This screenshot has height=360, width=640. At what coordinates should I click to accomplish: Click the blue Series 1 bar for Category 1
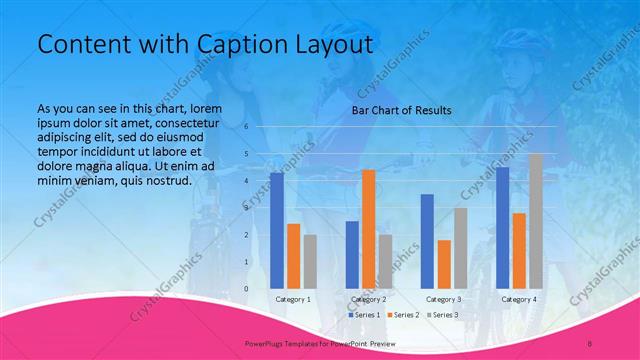click(277, 230)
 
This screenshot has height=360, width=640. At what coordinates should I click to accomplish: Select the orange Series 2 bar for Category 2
click(368, 229)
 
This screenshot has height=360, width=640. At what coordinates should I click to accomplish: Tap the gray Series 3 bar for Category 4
click(535, 221)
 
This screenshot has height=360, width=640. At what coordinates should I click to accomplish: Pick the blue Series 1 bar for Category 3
click(427, 241)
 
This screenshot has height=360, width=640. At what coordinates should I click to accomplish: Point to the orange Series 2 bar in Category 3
click(443, 264)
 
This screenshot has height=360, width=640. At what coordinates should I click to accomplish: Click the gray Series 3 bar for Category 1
click(310, 261)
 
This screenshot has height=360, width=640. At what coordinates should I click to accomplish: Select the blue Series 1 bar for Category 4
click(502, 227)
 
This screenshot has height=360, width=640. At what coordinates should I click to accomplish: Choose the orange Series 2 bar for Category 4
click(518, 250)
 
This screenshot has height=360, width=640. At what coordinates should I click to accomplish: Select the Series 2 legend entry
click(403, 315)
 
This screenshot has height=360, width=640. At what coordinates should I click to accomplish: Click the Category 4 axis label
click(518, 299)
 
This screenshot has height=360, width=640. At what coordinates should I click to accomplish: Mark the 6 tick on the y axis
click(246, 127)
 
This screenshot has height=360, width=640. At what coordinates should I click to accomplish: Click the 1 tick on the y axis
click(246, 262)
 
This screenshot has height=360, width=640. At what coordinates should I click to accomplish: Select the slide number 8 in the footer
click(590, 343)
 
